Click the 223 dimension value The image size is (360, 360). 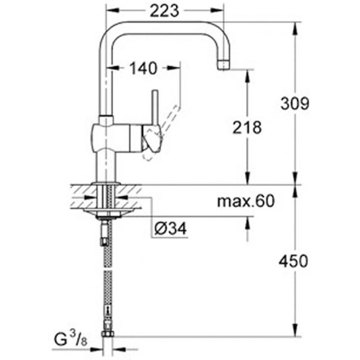(x=164, y=11)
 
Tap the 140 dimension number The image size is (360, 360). (x=144, y=68)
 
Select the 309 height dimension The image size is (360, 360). (x=295, y=103)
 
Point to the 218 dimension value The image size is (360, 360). (x=247, y=127)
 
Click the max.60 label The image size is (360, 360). (x=246, y=201)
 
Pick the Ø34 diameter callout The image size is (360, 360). (x=171, y=229)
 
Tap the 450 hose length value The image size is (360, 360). (x=293, y=261)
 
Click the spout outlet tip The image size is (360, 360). (x=224, y=65)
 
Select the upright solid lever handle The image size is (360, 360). (x=155, y=108)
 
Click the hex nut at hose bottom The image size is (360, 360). (x=107, y=333)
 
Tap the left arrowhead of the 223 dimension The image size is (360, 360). (x=113, y=10)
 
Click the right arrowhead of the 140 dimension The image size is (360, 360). (x=174, y=68)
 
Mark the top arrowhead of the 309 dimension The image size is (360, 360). (x=295, y=29)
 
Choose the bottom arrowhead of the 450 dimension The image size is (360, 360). (x=295, y=330)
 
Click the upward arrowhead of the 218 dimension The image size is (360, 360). (x=247, y=76)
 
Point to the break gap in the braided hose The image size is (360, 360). (x=108, y=269)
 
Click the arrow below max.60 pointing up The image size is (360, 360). (x=247, y=223)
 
